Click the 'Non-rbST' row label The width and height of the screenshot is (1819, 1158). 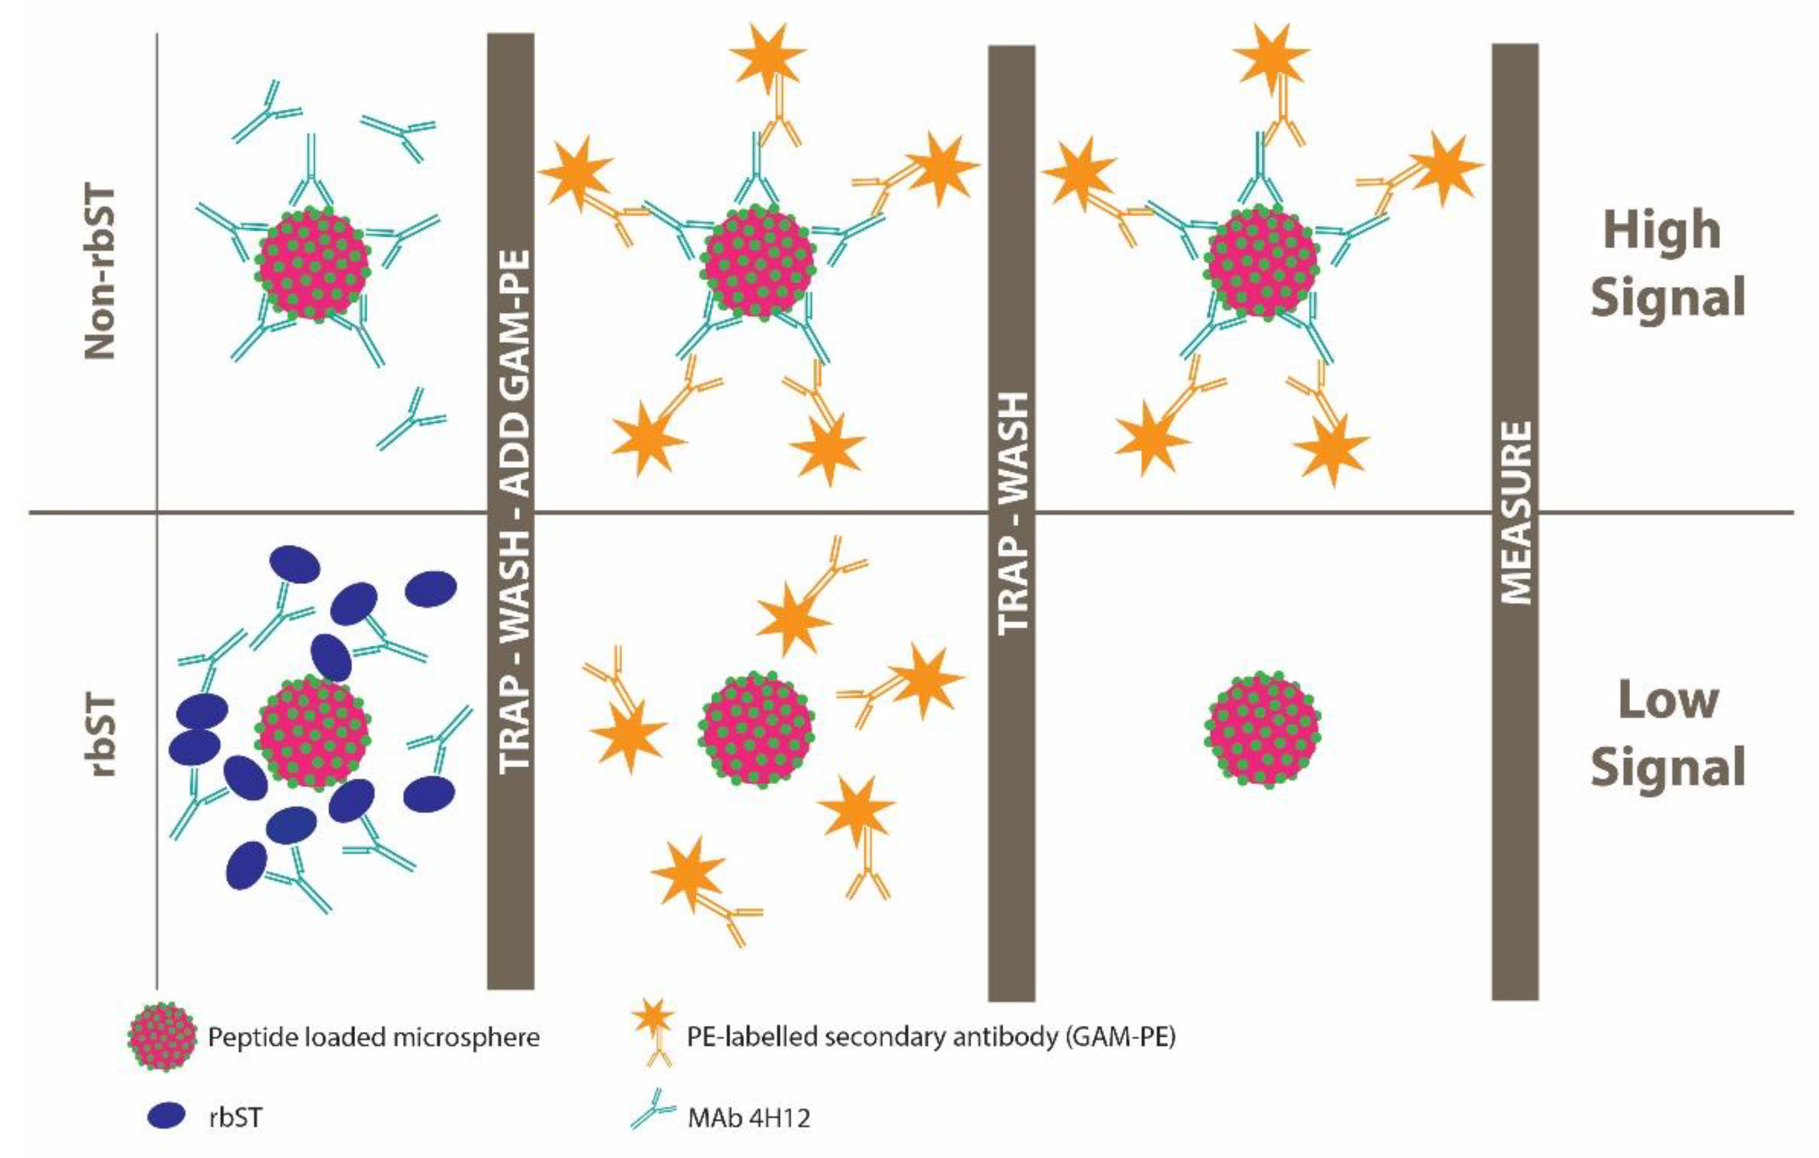pyautogui.click(x=101, y=272)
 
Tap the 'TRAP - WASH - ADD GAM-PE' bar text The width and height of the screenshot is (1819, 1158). pyautogui.click(x=512, y=510)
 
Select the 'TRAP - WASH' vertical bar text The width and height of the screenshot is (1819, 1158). pyautogui.click(x=1012, y=514)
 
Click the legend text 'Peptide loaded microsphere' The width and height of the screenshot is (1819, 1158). pyautogui.click(x=374, y=1038)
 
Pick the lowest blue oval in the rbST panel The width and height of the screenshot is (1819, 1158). pyautogui.click(x=247, y=865)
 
